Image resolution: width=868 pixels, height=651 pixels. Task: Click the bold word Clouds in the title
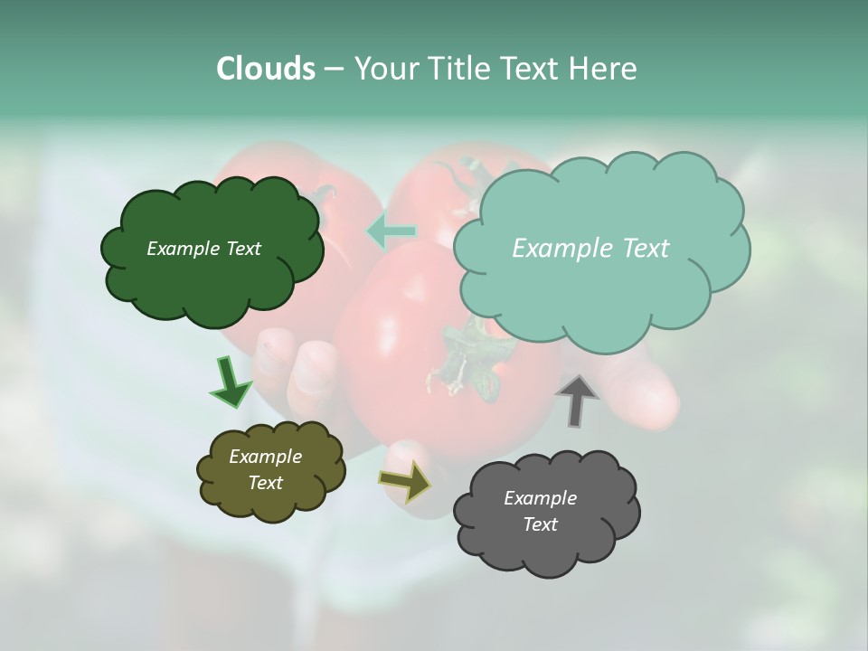click(265, 69)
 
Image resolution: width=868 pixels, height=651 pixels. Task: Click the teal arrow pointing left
click(392, 231)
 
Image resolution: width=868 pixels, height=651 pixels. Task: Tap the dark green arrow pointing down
click(230, 382)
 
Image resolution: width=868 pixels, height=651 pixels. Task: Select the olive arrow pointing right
click(405, 481)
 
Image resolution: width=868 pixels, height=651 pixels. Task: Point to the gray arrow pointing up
click(576, 400)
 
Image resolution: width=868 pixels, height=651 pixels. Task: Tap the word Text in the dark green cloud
click(242, 249)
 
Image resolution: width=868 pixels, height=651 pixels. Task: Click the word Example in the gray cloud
click(540, 498)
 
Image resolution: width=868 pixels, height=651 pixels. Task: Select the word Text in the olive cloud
click(266, 483)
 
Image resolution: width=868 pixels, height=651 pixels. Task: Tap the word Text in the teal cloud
click(644, 249)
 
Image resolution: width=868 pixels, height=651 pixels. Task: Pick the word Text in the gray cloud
click(540, 524)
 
